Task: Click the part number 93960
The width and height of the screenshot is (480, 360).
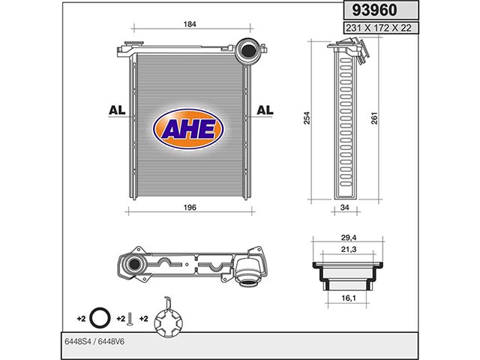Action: pyautogui.click(x=374, y=10)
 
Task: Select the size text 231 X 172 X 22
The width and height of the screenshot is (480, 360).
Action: pyautogui.click(x=378, y=28)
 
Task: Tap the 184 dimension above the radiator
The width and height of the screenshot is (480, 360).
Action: pyautogui.click(x=190, y=24)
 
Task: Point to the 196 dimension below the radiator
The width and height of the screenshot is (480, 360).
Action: pyautogui.click(x=190, y=207)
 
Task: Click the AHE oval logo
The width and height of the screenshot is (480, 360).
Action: pyautogui.click(x=188, y=129)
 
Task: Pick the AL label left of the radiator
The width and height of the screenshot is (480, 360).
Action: pyautogui.click(x=117, y=110)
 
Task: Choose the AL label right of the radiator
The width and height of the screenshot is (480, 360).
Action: pyautogui.click(x=265, y=110)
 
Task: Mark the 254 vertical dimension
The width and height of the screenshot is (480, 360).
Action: pyautogui.click(x=307, y=118)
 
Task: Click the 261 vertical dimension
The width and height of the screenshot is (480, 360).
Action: pyautogui.click(x=374, y=118)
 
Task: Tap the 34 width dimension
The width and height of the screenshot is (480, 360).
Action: pyautogui.click(x=345, y=207)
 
